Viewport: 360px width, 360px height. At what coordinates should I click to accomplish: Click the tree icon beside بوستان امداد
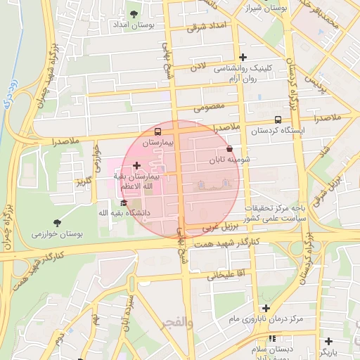coord(134,13)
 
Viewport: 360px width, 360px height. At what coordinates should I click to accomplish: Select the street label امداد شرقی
coord(205,27)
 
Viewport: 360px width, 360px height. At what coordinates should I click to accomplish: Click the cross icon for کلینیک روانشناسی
coord(243,57)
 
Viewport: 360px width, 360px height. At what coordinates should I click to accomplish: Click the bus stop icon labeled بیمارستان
coord(157,131)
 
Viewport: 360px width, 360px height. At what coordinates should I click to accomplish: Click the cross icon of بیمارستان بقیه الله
coord(136,165)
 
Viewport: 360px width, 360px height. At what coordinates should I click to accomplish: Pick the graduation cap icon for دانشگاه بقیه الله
coord(124,202)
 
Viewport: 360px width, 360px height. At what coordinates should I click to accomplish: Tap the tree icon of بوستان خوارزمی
coord(57,223)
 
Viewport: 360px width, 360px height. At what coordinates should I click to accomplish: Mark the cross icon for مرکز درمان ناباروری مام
coord(266,307)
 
